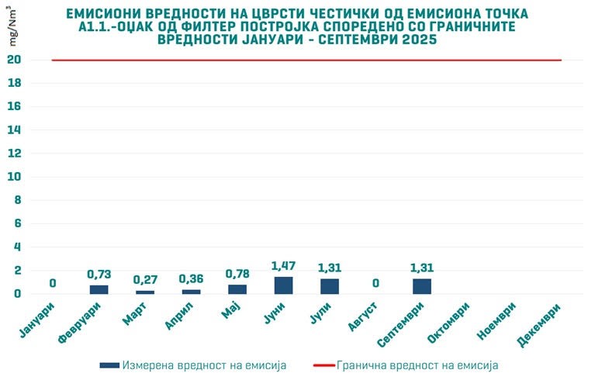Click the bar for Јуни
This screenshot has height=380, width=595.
point(283,285)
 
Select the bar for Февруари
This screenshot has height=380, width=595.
point(99,289)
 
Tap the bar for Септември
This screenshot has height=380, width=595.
point(422,286)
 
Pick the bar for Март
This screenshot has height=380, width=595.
point(145,292)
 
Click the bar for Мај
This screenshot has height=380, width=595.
point(237,289)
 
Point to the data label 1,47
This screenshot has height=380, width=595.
point(283,266)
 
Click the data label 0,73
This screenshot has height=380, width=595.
point(99,275)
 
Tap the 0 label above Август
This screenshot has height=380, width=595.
point(375,283)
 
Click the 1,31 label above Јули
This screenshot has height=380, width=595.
point(330,268)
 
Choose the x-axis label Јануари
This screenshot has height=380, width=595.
point(36,320)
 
